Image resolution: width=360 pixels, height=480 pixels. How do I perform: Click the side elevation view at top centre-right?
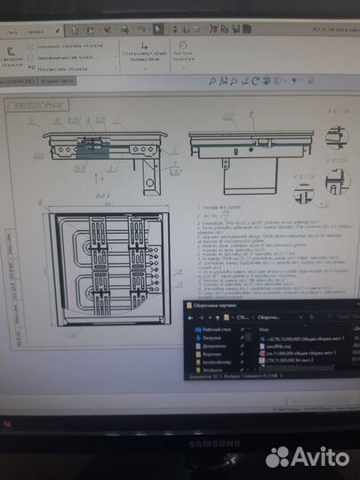(237, 147)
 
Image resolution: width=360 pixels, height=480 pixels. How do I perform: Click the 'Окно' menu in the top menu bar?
(12, 29)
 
